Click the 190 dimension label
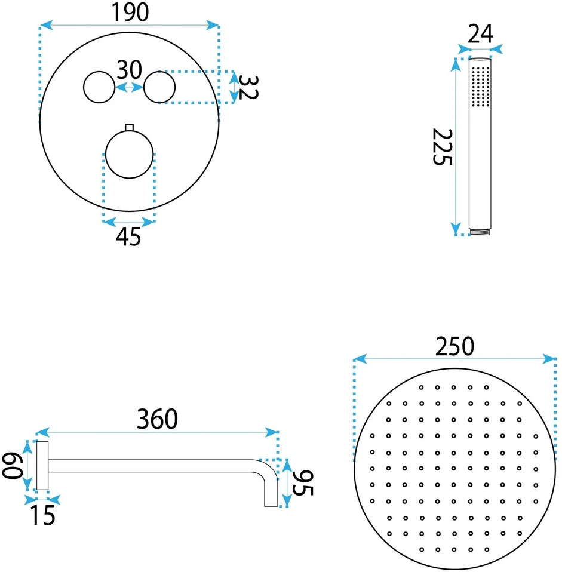[x=130, y=13]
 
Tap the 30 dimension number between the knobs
[x=129, y=70]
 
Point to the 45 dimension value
[x=128, y=237]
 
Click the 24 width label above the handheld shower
[x=480, y=34]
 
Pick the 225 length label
[x=443, y=147]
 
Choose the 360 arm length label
[x=157, y=419]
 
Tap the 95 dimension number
[x=303, y=483]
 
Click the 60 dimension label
[x=12, y=465]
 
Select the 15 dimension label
[x=42, y=515]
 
